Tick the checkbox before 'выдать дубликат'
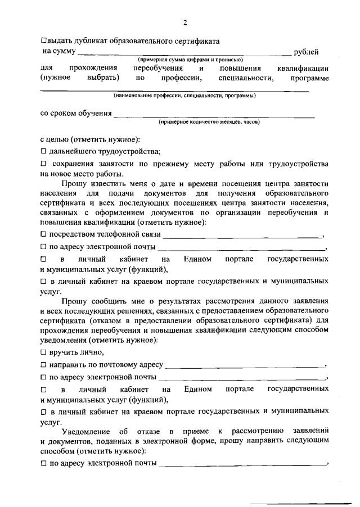click(44, 40)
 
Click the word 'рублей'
click(307, 52)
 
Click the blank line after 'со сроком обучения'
click(214, 116)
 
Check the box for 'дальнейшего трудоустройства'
click(43, 151)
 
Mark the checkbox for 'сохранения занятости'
click(43, 164)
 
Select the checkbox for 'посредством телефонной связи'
click(43, 234)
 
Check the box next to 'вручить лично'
click(43, 352)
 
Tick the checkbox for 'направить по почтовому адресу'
click(43, 365)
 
